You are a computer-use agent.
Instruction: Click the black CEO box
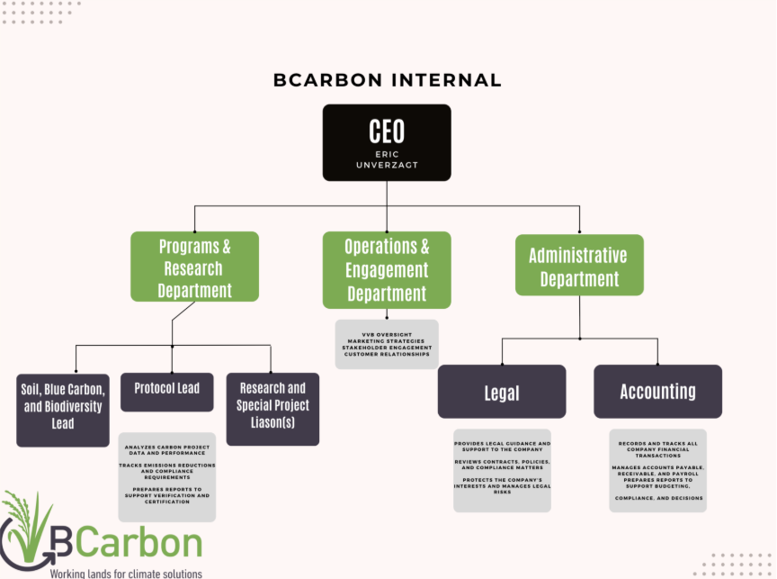click(387, 141)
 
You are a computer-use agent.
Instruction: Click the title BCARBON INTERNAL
click(388, 80)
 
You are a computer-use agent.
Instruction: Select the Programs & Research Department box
click(194, 267)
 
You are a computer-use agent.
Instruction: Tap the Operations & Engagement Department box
click(387, 269)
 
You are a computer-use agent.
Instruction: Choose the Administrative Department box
click(578, 266)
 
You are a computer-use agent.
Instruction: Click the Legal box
click(502, 392)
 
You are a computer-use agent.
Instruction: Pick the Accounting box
click(657, 392)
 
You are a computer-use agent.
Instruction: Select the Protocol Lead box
click(167, 390)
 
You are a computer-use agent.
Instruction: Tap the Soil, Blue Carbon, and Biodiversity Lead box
click(63, 410)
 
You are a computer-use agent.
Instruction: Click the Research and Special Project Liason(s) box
click(272, 408)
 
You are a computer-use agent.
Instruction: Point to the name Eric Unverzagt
click(387, 159)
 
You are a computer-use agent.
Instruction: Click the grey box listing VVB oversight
click(387, 343)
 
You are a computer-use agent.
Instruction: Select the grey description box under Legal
click(502, 470)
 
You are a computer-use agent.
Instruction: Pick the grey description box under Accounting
click(657, 470)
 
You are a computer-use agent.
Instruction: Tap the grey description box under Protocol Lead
click(167, 476)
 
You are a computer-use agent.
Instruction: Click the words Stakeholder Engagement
click(388, 348)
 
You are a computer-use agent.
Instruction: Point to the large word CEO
click(387, 131)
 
